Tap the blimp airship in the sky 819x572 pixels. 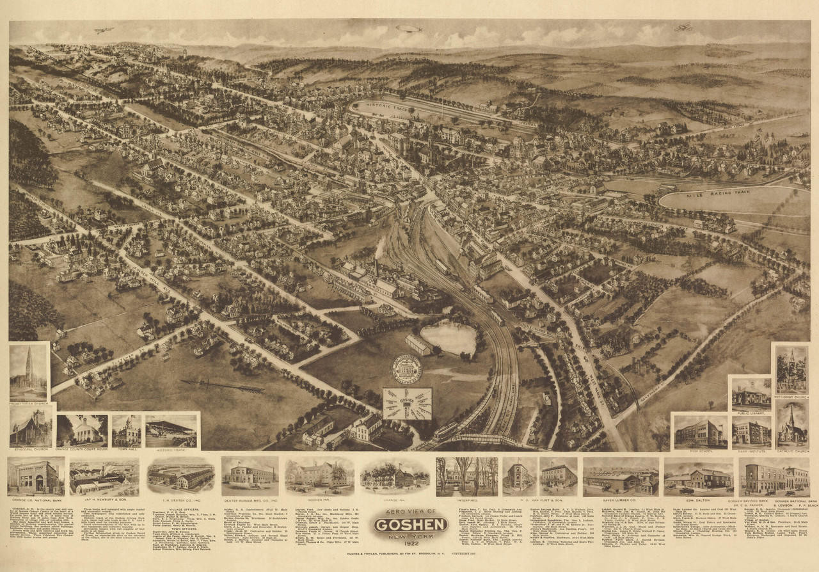[408, 29]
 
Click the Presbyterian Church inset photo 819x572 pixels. [29, 372]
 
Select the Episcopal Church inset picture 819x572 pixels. [30, 427]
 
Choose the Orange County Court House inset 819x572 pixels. [82, 430]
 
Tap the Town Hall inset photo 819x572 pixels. [127, 430]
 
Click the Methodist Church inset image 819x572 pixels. [791, 370]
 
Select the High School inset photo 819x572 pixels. [700, 432]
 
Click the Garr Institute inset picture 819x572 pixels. [751, 432]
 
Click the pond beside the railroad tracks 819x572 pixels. [448, 338]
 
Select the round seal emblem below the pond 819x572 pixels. [407, 370]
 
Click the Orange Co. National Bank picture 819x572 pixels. [36, 477]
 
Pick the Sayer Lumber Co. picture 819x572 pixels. [620, 477]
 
